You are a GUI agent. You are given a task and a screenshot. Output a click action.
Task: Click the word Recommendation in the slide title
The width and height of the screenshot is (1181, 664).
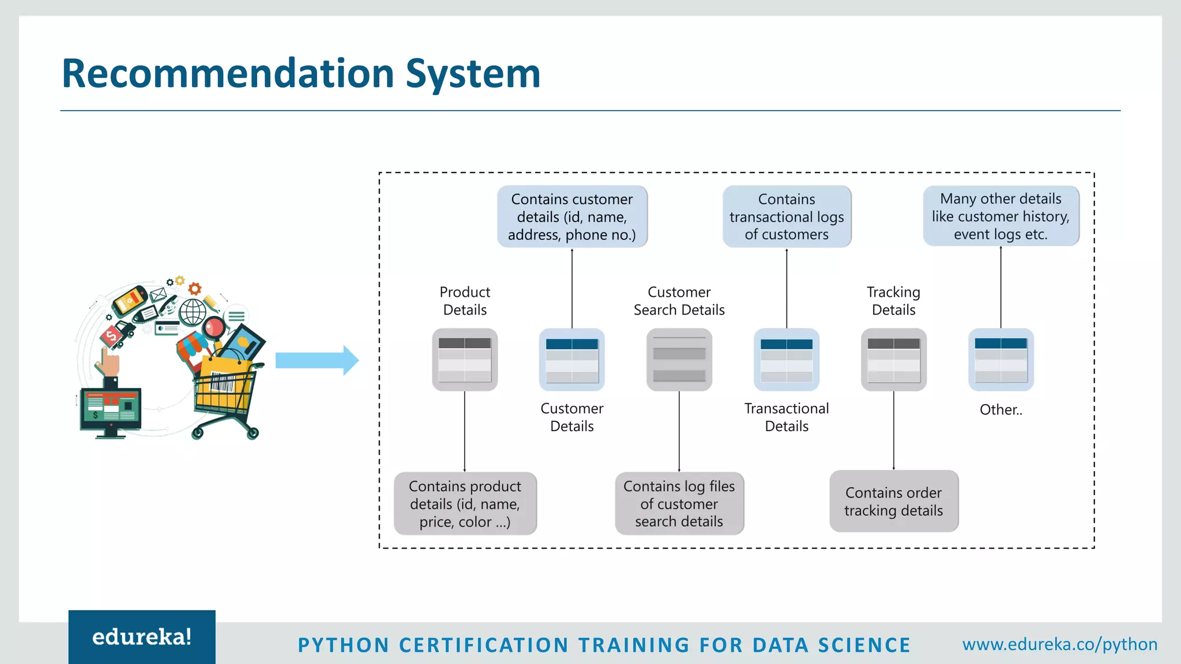pos(228,74)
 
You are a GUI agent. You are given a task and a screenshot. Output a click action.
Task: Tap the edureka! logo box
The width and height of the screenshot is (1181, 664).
pos(142,637)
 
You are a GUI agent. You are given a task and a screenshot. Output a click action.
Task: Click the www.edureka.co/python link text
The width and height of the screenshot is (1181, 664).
pos(1059,644)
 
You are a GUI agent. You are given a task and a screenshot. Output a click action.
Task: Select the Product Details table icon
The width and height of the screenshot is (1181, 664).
pos(465,360)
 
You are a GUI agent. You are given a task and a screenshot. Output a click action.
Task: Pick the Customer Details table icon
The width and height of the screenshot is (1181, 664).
pos(571,360)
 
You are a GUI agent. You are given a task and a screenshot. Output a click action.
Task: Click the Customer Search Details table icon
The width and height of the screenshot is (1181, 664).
pos(679,360)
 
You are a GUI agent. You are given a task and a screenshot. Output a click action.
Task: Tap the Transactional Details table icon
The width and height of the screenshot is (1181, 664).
pos(787,360)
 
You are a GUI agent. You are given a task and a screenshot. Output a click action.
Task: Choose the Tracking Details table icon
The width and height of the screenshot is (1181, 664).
pos(893,360)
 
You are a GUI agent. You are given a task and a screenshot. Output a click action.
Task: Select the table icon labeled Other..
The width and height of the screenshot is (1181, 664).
pos(1001,360)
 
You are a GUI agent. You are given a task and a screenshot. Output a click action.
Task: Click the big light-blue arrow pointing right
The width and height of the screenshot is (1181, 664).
pos(317,361)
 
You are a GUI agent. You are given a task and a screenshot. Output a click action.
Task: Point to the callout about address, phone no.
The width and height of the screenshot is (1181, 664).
pos(572,217)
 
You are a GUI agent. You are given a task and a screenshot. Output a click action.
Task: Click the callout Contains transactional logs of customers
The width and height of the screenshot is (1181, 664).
pos(787,217)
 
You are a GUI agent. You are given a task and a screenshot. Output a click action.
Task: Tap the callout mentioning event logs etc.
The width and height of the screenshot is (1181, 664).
pos(1001,216)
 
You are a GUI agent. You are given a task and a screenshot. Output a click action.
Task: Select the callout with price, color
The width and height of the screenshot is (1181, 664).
pos(465,504)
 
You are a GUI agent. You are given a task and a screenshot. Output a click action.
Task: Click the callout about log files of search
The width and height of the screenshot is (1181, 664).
pos(679,504)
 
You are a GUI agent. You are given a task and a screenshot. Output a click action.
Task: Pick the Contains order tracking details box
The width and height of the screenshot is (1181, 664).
pos(893,501)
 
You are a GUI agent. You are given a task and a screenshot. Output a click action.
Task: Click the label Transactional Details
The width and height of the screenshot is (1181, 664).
pos(787,417)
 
